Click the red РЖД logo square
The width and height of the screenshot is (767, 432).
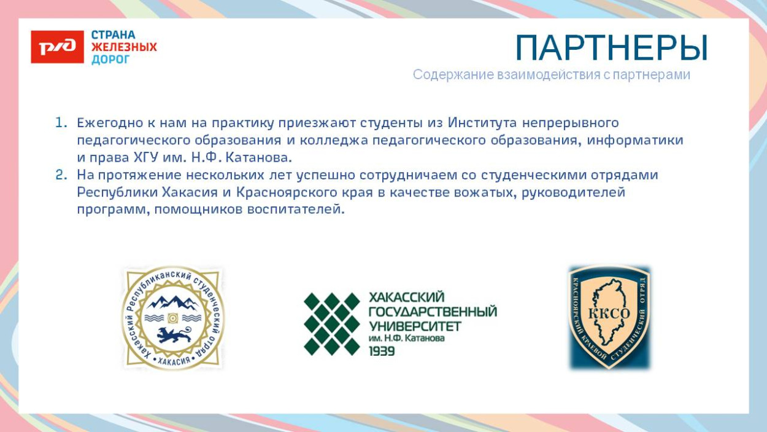point(57,47)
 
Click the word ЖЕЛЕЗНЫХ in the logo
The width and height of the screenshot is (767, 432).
point(124,47)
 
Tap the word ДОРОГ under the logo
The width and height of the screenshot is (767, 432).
point(110,60)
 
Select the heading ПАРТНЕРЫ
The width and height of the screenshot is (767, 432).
point(611,48)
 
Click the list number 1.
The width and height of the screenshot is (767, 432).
point(60,122)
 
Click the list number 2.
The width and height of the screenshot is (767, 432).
point(60,175)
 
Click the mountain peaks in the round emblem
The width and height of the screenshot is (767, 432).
point(172,302)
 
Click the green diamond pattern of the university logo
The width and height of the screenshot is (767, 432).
point(331,324)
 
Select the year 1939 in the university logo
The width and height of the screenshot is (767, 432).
point(382,351)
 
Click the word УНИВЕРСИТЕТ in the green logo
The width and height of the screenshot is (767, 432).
point(415,325)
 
